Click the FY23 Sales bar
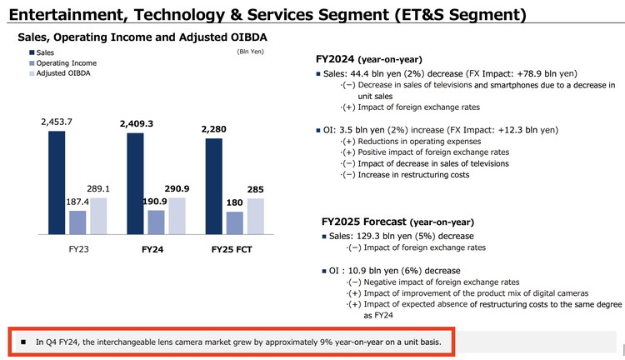56,182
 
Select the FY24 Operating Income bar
155,222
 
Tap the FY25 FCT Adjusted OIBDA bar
256,217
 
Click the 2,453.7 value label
57,122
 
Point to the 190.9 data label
156,201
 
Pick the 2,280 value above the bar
213,128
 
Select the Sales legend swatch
28,52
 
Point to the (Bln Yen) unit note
252,52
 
